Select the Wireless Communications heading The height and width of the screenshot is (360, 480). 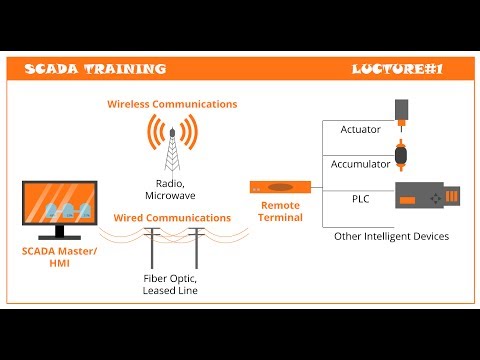pyautogui.click(x=172, y=104)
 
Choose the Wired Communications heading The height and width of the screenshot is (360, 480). pyautogui.click(x=172, y=217)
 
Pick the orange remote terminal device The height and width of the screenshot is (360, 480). pyautogui.click(x=280, y=187)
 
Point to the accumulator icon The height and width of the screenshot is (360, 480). pyautogui.click(x=403, y=156)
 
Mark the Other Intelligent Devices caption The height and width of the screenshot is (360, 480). pyautogui.click(x=391, y=236)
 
